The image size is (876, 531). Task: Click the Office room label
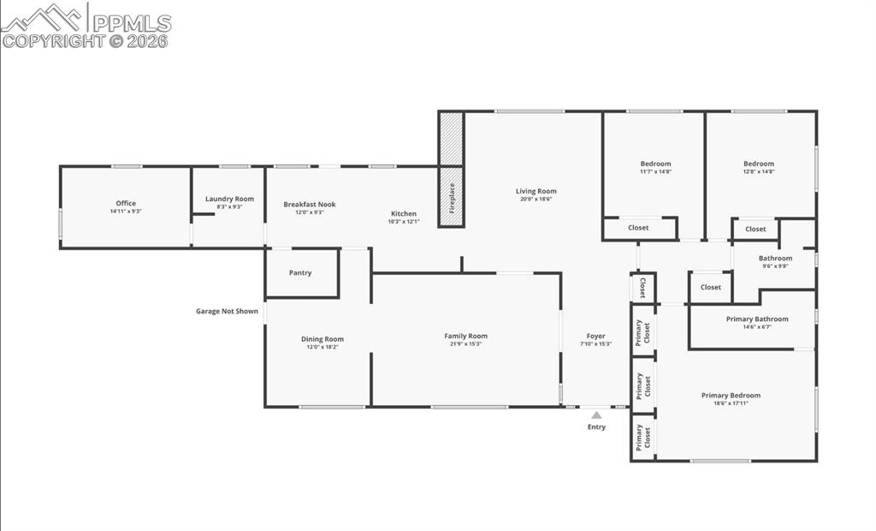tap(126, 204)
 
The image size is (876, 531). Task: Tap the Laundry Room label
tap(229, 200)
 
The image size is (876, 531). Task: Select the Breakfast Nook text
tap(310, 205)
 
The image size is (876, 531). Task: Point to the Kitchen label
tap(404, 214)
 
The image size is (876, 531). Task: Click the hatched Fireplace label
tap(452, 198)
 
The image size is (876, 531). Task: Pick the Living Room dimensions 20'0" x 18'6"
tap(536, 199)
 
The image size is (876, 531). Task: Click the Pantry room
tap(300, 273)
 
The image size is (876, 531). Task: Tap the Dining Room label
tap(322, 339)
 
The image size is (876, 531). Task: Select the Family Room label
tap(465, 337)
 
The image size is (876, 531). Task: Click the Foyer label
tap(595, 337)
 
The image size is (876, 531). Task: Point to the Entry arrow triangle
tap(596, 415)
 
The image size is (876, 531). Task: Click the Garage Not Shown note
tap(227, 312)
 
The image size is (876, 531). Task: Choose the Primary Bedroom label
tap(731, 396)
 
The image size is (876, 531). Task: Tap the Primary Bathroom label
tap(757, 319)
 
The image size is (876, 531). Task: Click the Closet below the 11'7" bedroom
tap(638, 228)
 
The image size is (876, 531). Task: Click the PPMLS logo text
tap(132, 23)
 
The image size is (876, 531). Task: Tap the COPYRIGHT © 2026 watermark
tap(86, 41)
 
